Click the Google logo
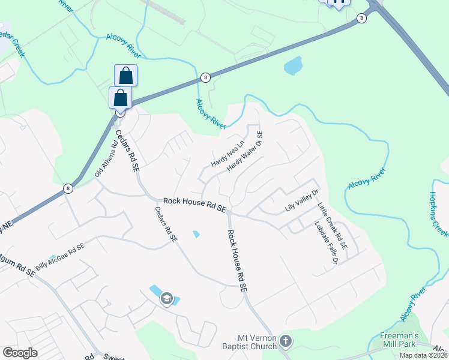[20, 353]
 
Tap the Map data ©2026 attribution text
[423, 355]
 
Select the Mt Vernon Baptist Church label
[256, 341]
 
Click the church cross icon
[286, 341]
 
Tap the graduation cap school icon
[166, 298]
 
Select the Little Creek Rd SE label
[333, 226]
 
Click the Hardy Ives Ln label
[228, 154]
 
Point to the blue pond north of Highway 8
[293, 65]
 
